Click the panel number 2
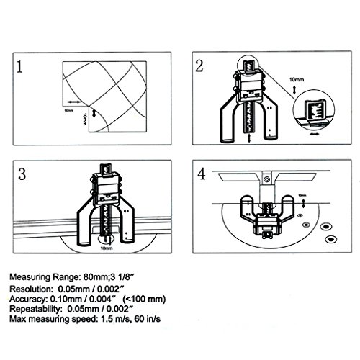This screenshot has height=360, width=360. [199, 66]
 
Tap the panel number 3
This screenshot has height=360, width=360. [22, 174]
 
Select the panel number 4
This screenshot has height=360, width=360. [202, 174]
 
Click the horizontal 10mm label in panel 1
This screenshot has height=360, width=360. [69, 110]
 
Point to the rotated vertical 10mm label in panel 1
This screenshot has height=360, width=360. [84, 120]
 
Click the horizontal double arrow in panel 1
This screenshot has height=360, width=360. [74, 102]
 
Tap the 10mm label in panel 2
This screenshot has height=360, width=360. [297, 79]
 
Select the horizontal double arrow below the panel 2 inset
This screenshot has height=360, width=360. [314, 135]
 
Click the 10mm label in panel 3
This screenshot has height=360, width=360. [107, 248]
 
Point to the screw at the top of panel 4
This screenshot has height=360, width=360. [266, 179]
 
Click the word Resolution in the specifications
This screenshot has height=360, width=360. [30, 289]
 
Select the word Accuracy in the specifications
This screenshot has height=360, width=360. [28, 299]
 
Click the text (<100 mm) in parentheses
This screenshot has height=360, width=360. [144, 299]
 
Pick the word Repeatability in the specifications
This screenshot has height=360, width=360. [35, 309]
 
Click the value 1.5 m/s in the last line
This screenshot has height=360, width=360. [115, 319]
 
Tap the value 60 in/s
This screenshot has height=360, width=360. [147, 319]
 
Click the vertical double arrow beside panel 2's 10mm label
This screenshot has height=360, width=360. [294, 90]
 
